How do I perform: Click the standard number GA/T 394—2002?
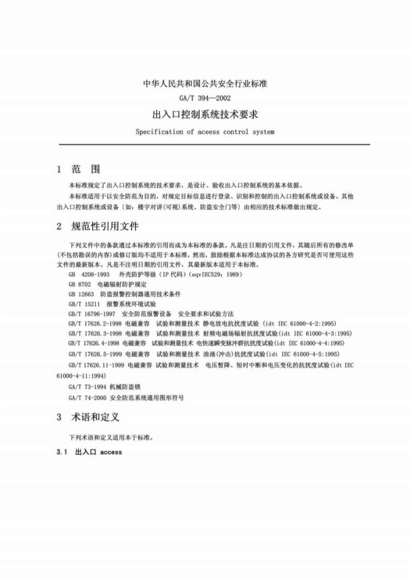pos(205,98)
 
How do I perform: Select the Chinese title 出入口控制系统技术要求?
pos(205,114)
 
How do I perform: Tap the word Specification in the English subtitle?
pos(159,132)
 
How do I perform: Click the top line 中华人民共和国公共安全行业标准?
pos(205,83)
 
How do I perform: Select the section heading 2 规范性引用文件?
pos(98,226)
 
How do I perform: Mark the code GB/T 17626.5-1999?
pos(95,353)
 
